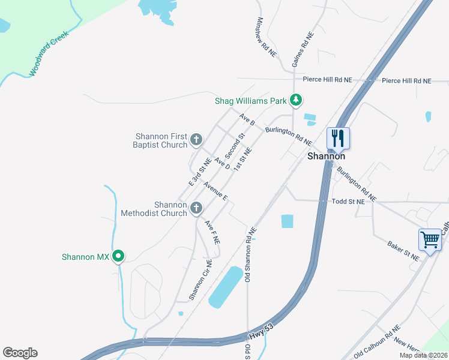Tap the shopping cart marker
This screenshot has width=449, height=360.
(430, 240)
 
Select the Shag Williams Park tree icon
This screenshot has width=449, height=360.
(295, 100)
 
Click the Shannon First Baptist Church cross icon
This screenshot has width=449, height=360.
(196, 140)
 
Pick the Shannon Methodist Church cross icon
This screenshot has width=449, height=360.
(196, 209)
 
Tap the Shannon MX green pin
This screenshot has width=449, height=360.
(119, 256)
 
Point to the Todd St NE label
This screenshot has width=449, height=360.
(348, 202)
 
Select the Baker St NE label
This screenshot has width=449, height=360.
(403, 251)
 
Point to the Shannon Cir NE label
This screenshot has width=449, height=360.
(200, 280)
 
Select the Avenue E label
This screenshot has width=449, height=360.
(215, 190)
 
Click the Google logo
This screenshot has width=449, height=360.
(20, 353)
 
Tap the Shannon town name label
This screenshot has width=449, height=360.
(326, 156)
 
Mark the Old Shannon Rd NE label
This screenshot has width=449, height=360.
(250, 255)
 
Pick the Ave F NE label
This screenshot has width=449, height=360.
(213, 232)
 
